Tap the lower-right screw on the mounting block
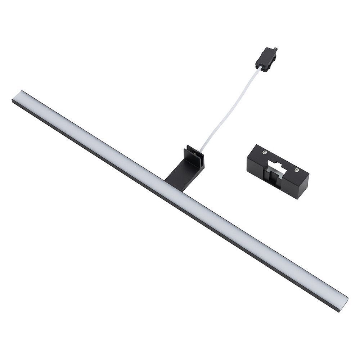point(296,171)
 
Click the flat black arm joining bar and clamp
point(178,172)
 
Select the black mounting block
point(278,171)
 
